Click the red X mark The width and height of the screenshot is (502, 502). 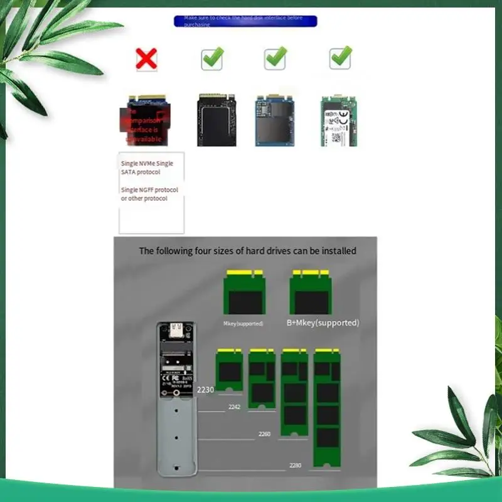[146, 59]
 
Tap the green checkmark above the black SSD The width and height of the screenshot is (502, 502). [212, 58]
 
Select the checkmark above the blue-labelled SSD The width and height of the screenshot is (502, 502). [275, 58]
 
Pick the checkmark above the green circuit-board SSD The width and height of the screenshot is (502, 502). [340, 58]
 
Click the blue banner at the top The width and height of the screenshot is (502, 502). [245, 21]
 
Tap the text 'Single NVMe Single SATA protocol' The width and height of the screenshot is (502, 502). [147, 168]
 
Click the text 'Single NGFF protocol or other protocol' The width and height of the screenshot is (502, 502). [149, 194]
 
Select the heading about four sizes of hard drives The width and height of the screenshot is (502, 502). [247, 251]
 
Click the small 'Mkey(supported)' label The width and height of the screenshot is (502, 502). [243, 324]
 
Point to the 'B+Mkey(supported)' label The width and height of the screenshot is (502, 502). [323, 323]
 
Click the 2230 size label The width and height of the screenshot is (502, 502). [206, 390]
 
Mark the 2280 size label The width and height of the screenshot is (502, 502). [296, 465]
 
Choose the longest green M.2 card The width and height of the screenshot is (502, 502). [327, 408]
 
